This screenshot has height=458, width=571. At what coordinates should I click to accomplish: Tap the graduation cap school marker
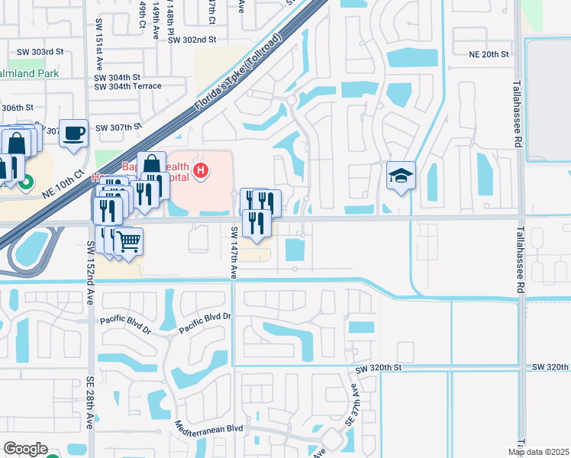pyautogui.click(x=401, y=176)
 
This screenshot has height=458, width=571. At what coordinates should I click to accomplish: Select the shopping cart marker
pyautogui.click(x=128, y=241)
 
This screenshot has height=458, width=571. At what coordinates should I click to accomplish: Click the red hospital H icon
pyautogui.click(x=201, y=170)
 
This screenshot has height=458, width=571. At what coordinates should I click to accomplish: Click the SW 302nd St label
pyautogui.click(x=192, y=39)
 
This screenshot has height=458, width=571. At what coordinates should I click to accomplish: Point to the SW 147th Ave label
pyautogui.click(x=234, y=251)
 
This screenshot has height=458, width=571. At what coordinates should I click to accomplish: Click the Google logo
pyautogui.click(x=25, y=449)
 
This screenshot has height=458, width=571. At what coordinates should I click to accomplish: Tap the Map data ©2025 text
pyautogui.click(x=538, y=452)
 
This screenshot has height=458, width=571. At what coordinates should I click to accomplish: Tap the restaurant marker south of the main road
pyautogui.click(x=256, y=223)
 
